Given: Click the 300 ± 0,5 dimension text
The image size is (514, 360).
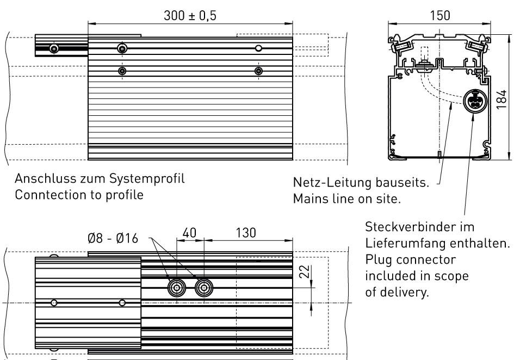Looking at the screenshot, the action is coord(190,15).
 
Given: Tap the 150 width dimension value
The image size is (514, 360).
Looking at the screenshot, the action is coord(439,15).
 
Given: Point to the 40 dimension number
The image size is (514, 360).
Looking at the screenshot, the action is coord(189,233).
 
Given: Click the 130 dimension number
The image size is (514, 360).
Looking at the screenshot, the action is coord(246,233).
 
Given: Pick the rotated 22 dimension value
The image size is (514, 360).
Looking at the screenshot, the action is coord(305,271).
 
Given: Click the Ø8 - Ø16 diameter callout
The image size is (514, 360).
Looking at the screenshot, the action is coord(113,238).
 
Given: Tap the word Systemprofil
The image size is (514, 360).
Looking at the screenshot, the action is coord(147,179).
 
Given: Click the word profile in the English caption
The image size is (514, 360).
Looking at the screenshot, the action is coord(125,195).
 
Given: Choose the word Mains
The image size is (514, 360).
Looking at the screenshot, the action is coord(309,198).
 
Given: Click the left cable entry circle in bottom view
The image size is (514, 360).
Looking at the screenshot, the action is coord(177,288).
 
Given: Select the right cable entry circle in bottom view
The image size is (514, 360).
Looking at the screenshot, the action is coord(204,288).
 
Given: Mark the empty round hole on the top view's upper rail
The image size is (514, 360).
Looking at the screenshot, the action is coord(259,48).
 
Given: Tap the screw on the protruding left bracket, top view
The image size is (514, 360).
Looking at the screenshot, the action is coord(54,49).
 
